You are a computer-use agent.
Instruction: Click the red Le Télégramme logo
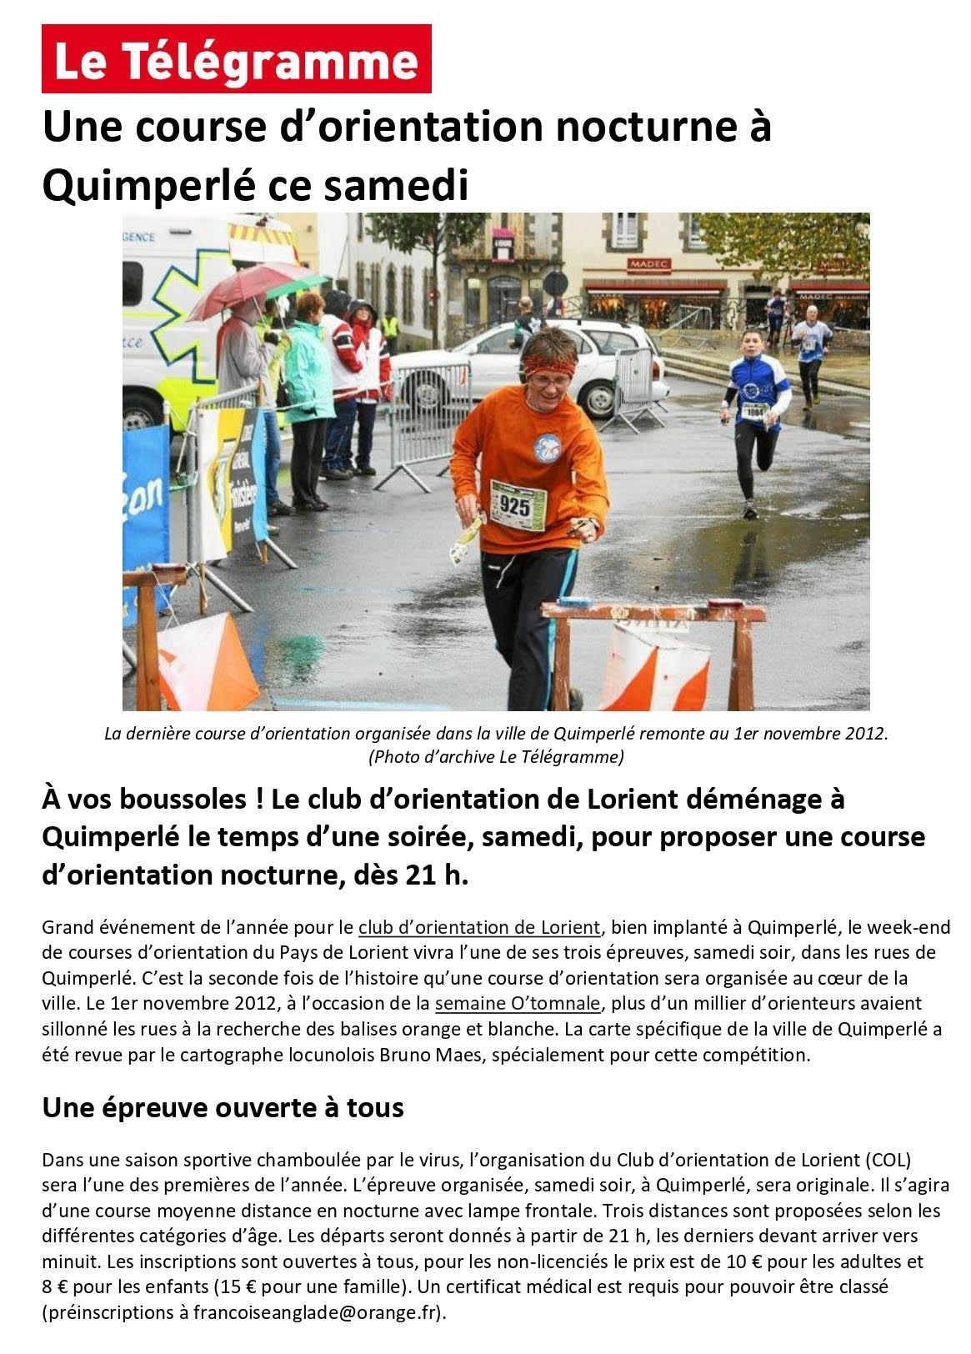pyautogui.click(x=236, y=59)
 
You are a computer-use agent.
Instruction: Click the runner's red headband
pyautogui.click(x=548, y=364)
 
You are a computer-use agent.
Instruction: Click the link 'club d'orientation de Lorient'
pyautogui.click(x=479, y=927)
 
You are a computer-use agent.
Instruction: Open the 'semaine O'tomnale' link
pyautogui.click(x=498, y=1003)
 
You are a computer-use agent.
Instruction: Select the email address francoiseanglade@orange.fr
pyautogui.click(x=314, y=1312)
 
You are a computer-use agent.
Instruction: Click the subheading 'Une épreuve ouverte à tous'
pyautogui.click(x=223, y=1107)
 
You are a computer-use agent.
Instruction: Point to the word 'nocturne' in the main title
pyautogui.click(x=638, y=128)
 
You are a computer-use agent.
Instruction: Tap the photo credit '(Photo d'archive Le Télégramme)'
pyautogui.click(x=495, y=757)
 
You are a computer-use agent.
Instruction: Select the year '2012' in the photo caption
pyautogui.click(x=867, y=735)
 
